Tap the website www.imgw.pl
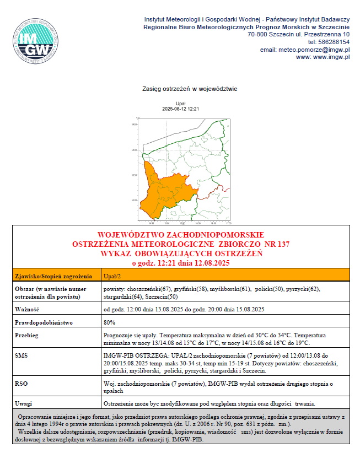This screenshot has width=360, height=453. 330,57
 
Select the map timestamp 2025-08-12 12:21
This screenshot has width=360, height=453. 180,109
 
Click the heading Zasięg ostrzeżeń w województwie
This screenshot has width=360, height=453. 189,88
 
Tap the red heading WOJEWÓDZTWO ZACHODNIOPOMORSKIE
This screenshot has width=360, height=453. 180,235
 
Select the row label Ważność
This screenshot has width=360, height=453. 26,309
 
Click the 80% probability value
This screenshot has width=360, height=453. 109,322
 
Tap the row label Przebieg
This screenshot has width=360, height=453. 27,335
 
